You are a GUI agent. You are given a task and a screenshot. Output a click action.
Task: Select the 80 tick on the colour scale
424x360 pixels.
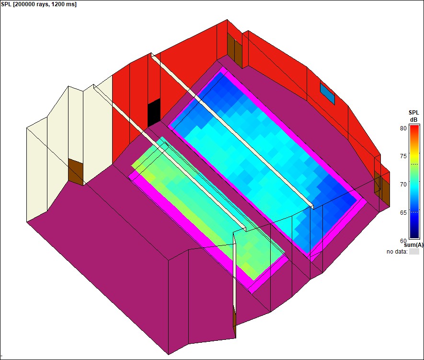(x=403, y=128)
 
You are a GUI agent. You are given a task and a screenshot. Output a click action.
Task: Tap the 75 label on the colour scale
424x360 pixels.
(x=403, y=156)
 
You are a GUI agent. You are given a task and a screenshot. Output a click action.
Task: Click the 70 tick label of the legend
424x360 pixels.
(x=403, y=184)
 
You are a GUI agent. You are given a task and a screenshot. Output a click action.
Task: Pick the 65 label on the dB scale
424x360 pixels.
(x=403, y=212)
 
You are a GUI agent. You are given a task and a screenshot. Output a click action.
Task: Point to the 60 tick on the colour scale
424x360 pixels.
(x=403, y=241)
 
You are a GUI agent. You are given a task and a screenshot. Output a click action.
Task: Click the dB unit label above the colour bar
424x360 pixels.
(x=413, y=119)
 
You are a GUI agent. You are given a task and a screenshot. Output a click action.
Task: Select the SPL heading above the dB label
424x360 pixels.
(x=413, y=113)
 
